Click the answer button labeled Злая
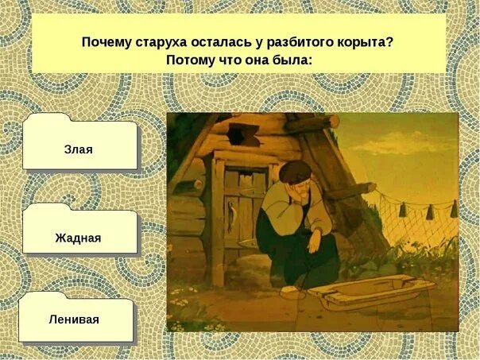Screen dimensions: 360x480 click(79, 149)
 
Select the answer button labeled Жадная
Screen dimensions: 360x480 click(78, 237)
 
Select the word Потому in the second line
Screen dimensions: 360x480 click(189, 60)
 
